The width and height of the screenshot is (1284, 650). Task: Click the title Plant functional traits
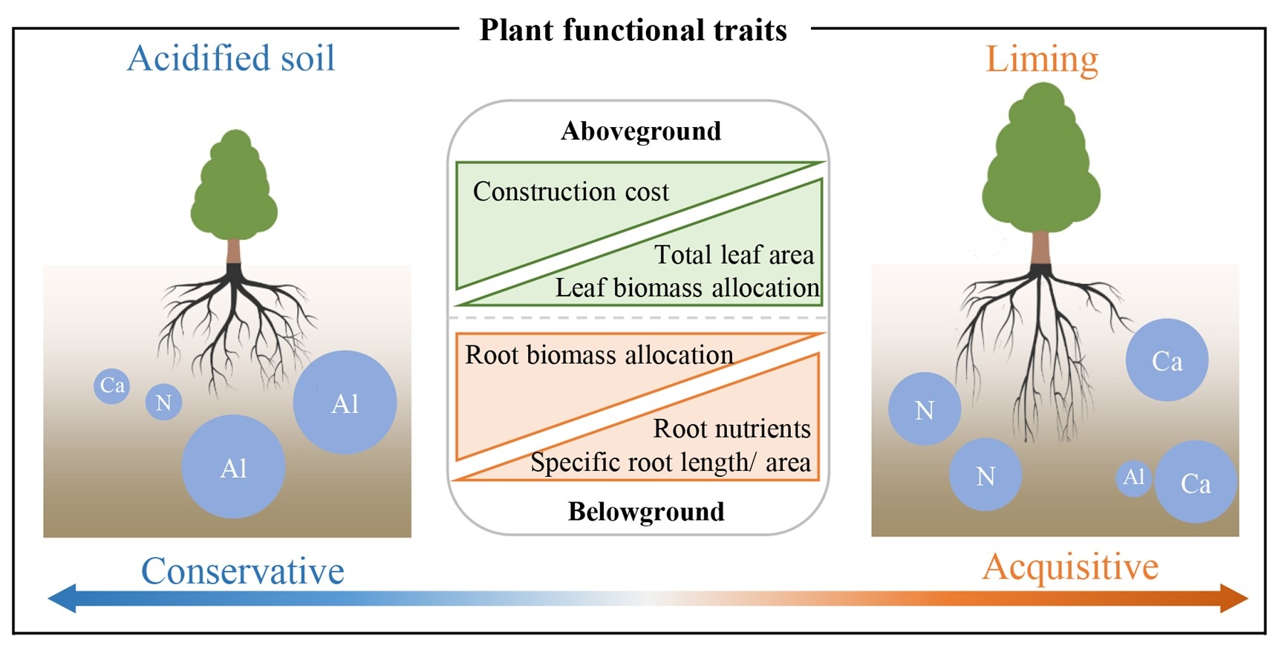coord(633,30)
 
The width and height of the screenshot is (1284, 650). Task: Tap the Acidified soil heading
coord(231,58)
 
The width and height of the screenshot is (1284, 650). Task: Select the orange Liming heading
coord(1041,59)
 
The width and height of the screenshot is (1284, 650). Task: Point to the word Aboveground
coord(641,131)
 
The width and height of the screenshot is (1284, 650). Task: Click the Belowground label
coord(646,511)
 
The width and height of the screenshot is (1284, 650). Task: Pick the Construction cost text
coord(570,192)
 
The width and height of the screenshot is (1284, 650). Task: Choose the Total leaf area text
coord(734,255)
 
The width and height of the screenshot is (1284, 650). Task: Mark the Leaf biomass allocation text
coord(687,287)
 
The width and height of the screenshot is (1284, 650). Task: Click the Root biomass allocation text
coord(599,355)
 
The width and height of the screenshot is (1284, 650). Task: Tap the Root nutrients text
coord(731,429)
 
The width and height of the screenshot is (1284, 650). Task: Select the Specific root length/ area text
coord(670,462)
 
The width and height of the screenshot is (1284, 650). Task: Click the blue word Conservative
coord(243,571)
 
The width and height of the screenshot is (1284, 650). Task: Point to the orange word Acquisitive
coord(1070,567)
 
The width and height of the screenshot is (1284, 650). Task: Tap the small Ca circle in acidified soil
coord(112,386)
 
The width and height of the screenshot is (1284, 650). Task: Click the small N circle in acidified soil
coord(163,403)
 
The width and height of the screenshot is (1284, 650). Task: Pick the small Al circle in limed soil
coord(1133,477)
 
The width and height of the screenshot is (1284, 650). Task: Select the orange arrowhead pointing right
coord(1234,598)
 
